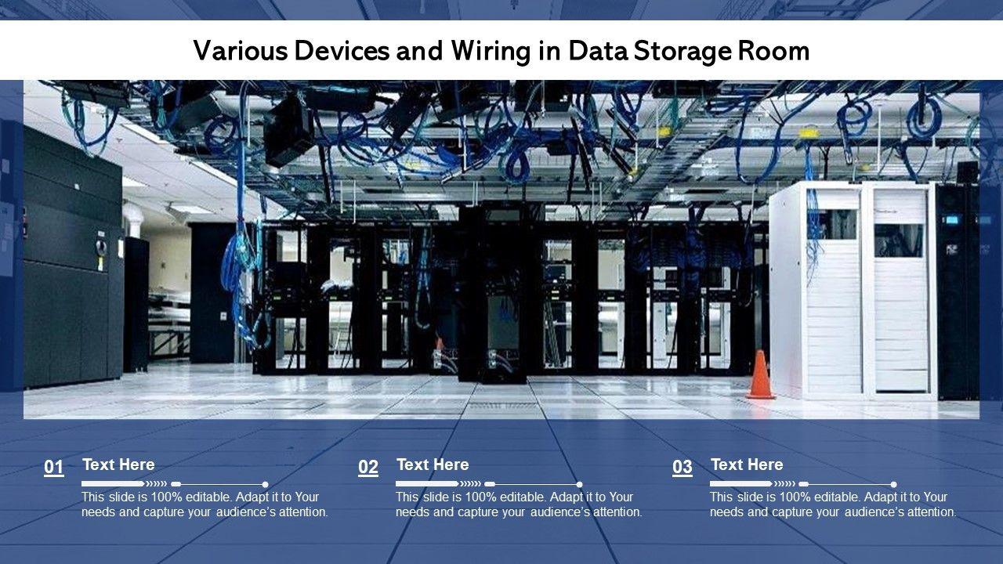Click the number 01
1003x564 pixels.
[x=54, y=468]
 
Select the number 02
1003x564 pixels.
[x=368, y=468]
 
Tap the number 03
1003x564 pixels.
[x=683, y=468]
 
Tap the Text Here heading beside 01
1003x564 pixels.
[x=118, y=465]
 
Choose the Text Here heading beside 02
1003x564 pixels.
[x=433, y=465]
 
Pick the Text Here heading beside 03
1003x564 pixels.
[x=747, y=465]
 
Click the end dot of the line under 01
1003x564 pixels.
[x=266, y=484]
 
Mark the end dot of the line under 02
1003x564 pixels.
[x=580, y=484]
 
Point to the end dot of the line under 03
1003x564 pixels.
[x=894, y=484]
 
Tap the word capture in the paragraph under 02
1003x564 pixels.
[x=479, y=512]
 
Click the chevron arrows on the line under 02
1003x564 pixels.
[x=470, y=484]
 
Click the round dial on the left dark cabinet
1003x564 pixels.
[x=99, y=245]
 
